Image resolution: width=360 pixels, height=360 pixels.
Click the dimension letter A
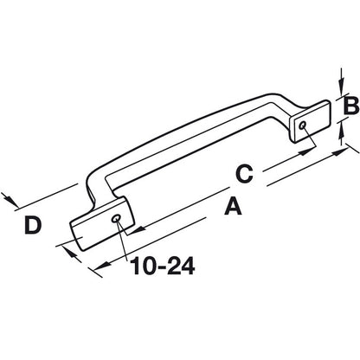[x=232, y=206]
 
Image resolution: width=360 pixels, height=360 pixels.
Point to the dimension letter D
[x=32, y=226]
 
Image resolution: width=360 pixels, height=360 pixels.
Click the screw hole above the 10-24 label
[x=117, y=218]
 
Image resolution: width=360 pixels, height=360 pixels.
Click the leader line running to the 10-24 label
[x=126, y=241]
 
